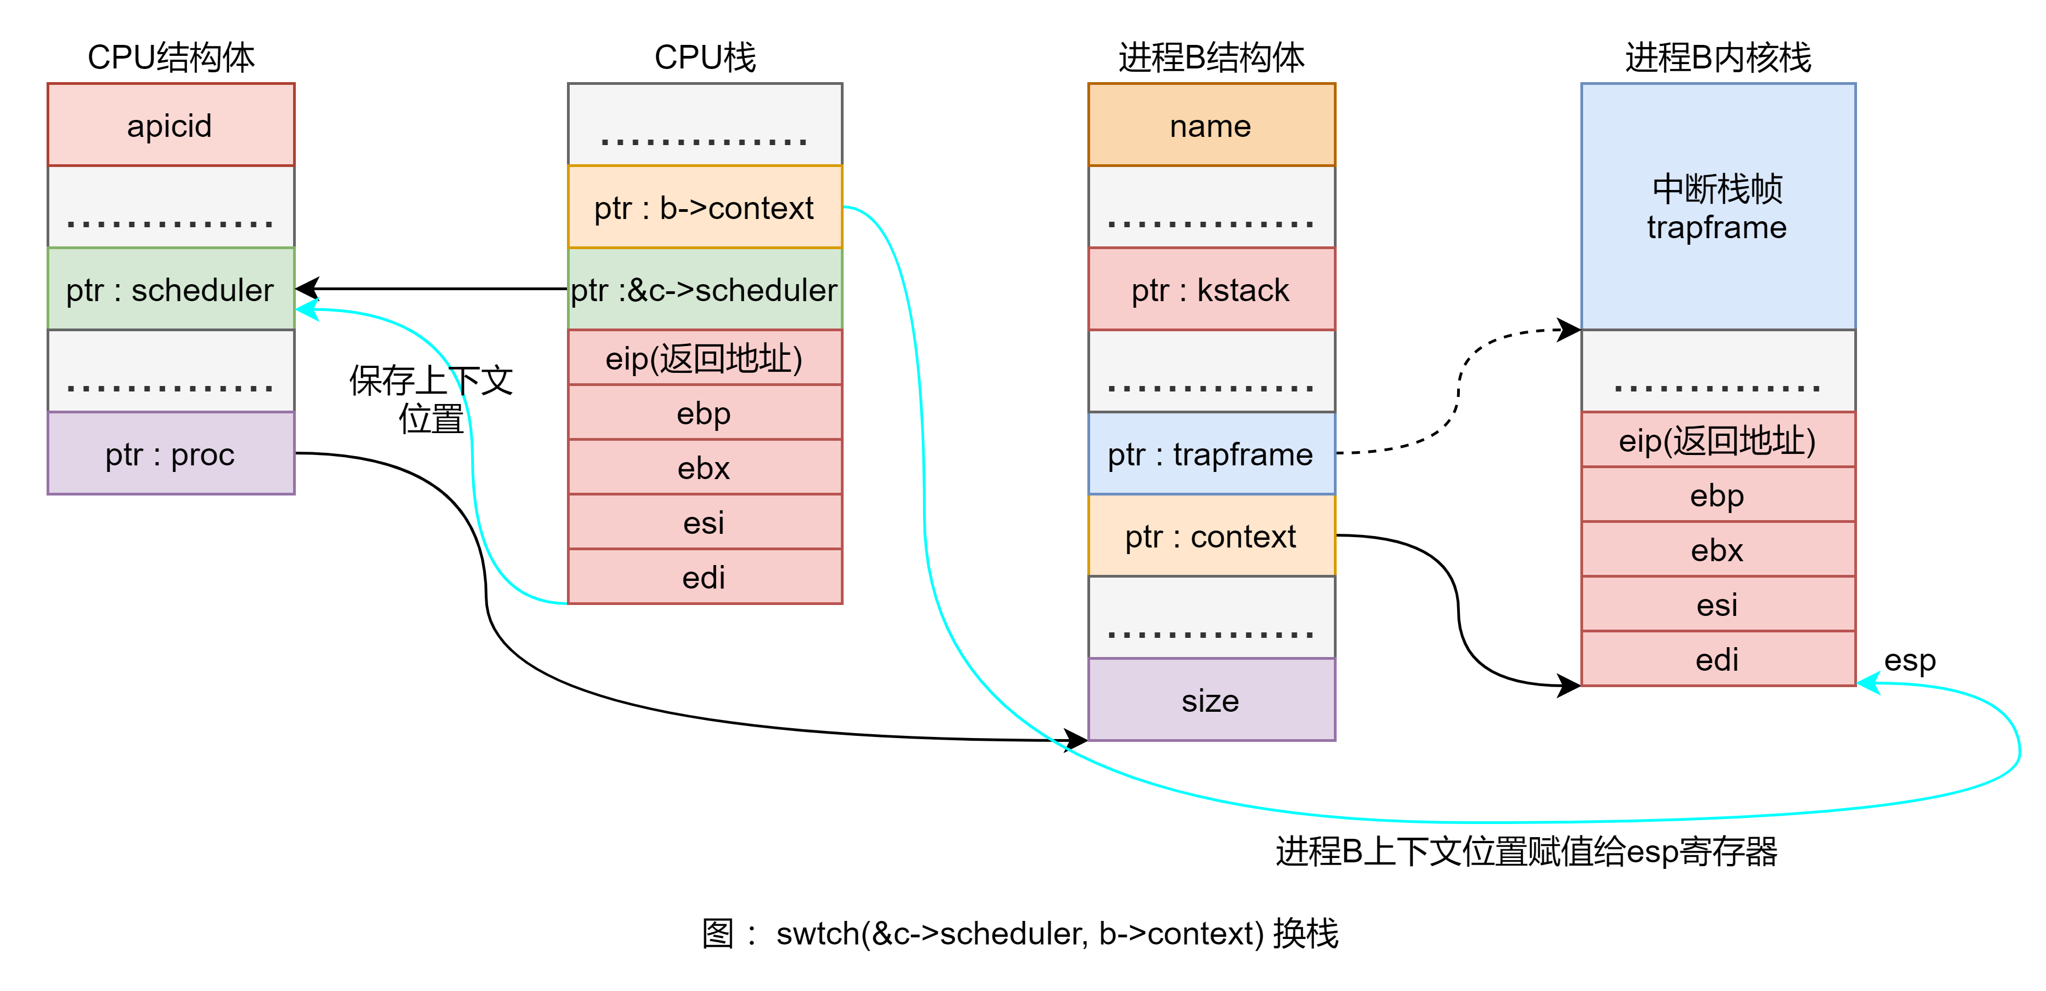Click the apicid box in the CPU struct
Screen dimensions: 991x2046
tap(171, 125)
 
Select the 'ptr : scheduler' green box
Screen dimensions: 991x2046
tap(171, 289)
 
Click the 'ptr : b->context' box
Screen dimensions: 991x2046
tap(704, 208)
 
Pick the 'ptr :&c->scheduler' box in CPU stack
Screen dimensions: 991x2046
tap(704, 289)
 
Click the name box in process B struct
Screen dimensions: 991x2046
tap(1211, 125)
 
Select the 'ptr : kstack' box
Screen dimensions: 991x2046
tap(1211, 289)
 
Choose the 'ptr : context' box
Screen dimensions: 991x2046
tap(1211, 536)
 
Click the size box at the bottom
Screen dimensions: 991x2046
tap(1211, 700)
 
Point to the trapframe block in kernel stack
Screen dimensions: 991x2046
tap(1717, 206)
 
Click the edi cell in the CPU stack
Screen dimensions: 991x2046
tap(704, 577)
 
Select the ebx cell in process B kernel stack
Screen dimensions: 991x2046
tap(1717, 550)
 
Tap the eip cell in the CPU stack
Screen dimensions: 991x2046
tap(704, 358)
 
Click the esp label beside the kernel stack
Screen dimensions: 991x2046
tap(1910, 660)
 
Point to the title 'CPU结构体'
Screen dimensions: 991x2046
tap(171, 57)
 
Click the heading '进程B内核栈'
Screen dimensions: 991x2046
tap(1717, 57)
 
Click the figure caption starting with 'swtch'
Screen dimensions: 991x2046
tap(1021, 933)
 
